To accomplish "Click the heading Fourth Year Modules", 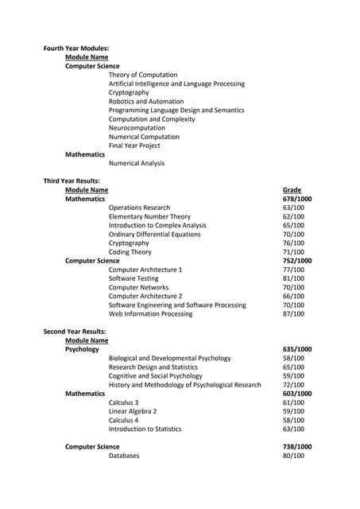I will click(x=76, y=49).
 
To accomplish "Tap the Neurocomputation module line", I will click(x=137, y=128).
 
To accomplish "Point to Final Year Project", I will click(x=134, y=146).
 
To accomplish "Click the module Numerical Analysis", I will click(x=137, y=163).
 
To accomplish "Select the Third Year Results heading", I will click(x=72, y=181).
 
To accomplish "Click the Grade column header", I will click(x=292, y=190).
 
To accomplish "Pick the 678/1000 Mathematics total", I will click(x=297, y=199).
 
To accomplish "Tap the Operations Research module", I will click(x=139, y=208).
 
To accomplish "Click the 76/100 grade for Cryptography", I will click(x=293, y=243).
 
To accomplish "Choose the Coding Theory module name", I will click(x=130, y=252).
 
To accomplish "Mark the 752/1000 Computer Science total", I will click(x=297, y=261).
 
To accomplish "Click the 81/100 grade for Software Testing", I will click(x=293, y=278).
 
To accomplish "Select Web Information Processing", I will click(x=150, y=313).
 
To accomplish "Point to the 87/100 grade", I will click(x=293, y=313).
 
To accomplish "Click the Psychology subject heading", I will click(x=82, y=349).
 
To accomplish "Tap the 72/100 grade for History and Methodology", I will click(x=293, y=385).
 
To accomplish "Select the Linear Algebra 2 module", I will click(x=133, y=411).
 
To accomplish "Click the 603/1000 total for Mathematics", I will click(x=297, y=394).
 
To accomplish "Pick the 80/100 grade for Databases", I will click(x=293, y=456).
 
